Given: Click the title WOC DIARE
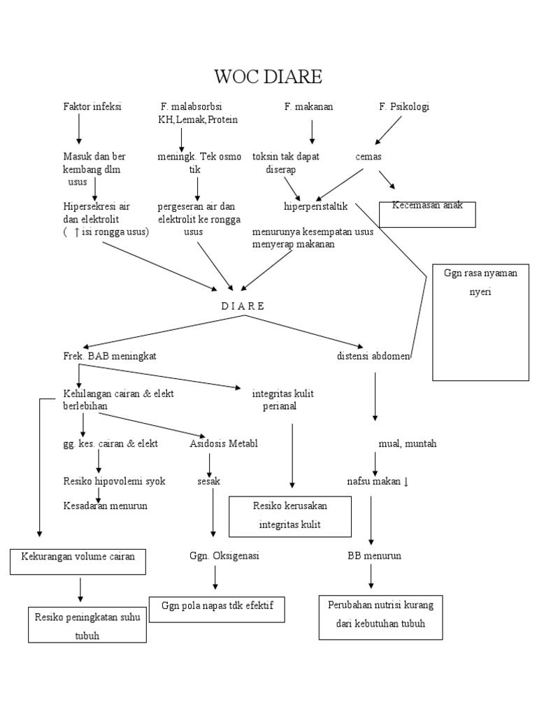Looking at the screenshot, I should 268,76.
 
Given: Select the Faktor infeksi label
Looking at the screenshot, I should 92,107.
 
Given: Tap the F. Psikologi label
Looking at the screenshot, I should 404,107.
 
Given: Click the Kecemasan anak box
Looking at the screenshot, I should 427,214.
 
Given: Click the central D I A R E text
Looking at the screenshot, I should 243,306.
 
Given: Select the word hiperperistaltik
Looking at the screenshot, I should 315,206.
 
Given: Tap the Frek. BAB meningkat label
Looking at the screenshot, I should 109,356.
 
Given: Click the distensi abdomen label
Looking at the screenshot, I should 373,356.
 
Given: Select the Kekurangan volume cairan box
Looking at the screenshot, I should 78,561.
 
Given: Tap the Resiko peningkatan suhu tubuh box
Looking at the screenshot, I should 87,625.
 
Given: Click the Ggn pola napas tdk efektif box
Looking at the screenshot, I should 217,609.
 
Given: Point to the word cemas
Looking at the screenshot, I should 368,157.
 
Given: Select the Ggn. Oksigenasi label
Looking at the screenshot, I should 215,556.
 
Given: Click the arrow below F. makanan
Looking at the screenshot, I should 312,131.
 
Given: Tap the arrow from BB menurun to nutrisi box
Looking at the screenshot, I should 371,578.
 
